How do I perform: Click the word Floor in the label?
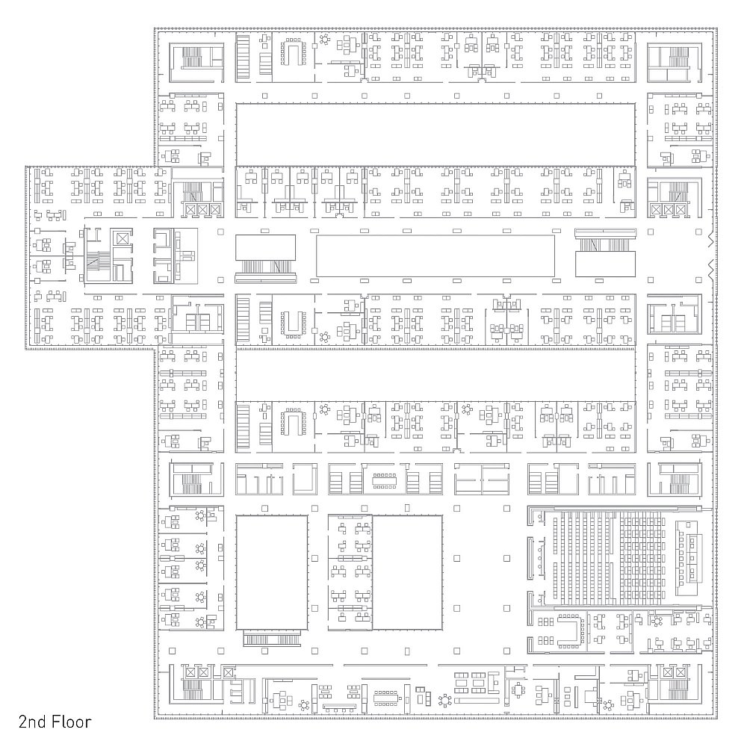pos(72,722)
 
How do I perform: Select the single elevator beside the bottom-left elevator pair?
pos(229,673)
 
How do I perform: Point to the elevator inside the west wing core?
pos(123,238)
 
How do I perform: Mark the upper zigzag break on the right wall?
pos(712,241)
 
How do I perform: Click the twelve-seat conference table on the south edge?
pos(385,696)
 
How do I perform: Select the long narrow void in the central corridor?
pos(436,255)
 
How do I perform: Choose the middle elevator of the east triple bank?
pos(669,210)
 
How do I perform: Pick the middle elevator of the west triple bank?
pos(203,210)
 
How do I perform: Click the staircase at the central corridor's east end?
pos(605,244)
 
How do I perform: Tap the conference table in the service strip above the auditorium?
pos(385,480)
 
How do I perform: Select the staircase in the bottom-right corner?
pos(678,690)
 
